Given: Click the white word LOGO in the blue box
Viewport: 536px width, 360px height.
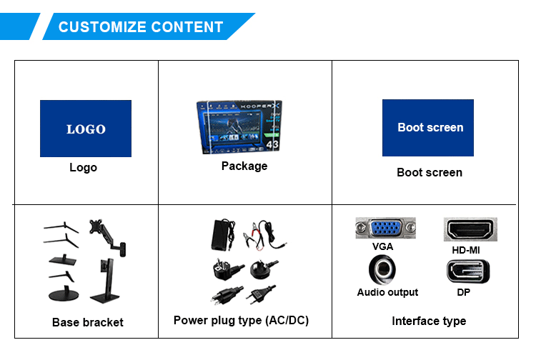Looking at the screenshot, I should coord(86,129).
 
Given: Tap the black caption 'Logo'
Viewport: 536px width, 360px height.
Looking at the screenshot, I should coord(83,168).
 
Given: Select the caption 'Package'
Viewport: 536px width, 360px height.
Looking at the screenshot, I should coord(244,166).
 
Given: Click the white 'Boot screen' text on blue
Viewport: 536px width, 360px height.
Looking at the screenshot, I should coord(430,128).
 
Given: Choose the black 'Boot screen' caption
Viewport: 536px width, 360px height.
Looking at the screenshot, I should coord(430,172).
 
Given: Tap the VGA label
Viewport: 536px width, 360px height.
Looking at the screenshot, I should coord(382,247).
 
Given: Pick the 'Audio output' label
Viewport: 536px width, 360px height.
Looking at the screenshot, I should coord(387,292).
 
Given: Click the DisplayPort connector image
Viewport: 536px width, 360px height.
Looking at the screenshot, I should coord(468,272).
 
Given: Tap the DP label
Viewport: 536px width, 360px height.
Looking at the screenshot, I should coord(464,292).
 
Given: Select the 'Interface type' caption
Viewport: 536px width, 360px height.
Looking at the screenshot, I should coord(429,321).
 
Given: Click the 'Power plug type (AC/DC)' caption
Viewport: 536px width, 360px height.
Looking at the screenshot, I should coord(241,320).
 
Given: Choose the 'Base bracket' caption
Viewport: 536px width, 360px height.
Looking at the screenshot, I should coord(88,322).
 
